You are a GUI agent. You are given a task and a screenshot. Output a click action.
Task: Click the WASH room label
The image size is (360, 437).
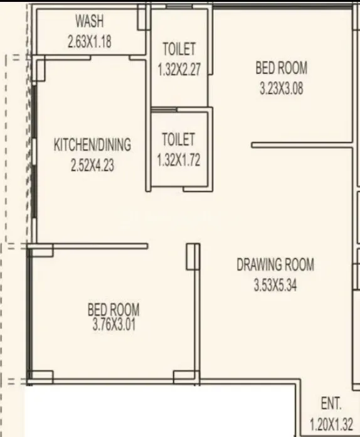pyautogui.click(x=90, y=22)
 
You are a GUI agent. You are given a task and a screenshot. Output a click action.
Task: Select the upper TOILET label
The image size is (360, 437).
pyautogui.click(x=179, y=49)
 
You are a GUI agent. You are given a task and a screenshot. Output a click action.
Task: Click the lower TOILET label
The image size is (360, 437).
pyautogui.click(x=178, y=139)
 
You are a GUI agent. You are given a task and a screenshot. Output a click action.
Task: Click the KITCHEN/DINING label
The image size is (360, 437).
pyautogui.click(x=92, y=146)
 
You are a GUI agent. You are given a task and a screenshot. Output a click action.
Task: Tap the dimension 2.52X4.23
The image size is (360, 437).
pyautogui.click(x=92, y=168)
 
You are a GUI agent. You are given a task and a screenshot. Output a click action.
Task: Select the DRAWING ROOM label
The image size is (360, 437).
pyautogui.click(x=275, y=264)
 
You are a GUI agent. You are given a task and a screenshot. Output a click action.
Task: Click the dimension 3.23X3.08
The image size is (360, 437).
pyautogui.click(x=281, y=89)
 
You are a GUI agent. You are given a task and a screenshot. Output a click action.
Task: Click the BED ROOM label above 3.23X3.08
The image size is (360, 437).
pyautogui.click(x=282, y=67)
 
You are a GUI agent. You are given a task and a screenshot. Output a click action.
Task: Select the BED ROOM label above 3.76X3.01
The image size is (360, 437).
pyautogui.click(x=114, y=310)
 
